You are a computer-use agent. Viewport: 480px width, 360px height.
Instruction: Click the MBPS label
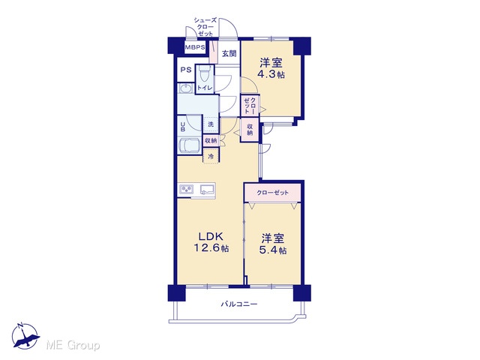point(195,47)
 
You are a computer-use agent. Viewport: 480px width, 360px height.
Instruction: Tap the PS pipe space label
point(185,70)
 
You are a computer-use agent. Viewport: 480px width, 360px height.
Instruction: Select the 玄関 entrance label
point(229,53)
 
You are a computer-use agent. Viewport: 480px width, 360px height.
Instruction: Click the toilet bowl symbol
point(203,73)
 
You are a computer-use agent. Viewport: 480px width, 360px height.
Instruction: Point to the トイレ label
point(205,88)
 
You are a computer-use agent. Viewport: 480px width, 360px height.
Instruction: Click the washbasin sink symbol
point(185,88)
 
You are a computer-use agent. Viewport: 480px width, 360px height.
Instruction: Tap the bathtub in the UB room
point(190,145)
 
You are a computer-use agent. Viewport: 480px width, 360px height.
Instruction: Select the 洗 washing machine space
point(211,124)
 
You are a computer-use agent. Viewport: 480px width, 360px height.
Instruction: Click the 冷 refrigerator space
point(211,157)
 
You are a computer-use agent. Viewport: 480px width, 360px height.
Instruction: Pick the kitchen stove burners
point(187,190)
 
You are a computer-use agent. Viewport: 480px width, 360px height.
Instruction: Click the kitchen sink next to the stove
point(207,190)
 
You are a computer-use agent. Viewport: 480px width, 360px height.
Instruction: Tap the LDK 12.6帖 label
point(211,241)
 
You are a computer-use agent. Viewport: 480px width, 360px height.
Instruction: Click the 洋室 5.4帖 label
point(273,244)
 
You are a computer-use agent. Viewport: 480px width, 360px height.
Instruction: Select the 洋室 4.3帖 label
point(271,68)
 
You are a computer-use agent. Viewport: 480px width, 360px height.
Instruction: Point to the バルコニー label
point(239,304)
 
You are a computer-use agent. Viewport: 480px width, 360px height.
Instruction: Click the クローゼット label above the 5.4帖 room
point(272,193)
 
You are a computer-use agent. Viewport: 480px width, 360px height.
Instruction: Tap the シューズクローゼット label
point(205,27)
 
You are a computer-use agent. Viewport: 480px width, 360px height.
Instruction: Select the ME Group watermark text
point(73,346)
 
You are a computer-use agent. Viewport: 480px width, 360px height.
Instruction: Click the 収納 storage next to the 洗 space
point(211,141)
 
